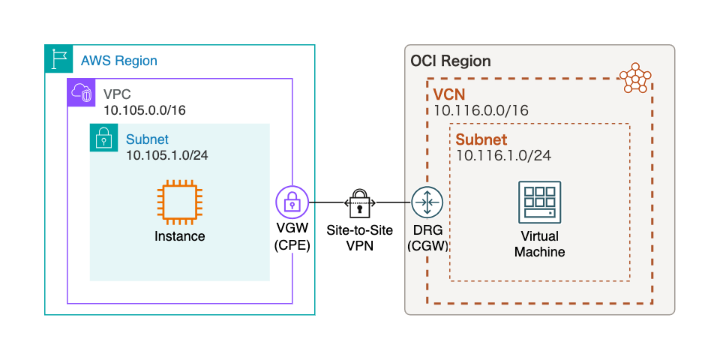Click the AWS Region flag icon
tap(58, 58)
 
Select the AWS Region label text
tap(118, 61)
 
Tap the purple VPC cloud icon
tap(81, 92)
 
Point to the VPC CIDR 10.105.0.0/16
tap(145, 111)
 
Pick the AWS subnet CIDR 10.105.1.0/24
tap(166, 155)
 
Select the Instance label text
tap(180, 236)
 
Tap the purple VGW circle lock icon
tap(292, 202)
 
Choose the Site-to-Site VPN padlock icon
tap(360, 202)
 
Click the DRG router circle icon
tap(427, 202)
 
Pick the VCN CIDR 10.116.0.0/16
tap(481, 111)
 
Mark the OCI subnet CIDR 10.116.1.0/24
tap(503, 155)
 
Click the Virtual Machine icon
tap(539, 201)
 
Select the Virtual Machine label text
tap(539, 244)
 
